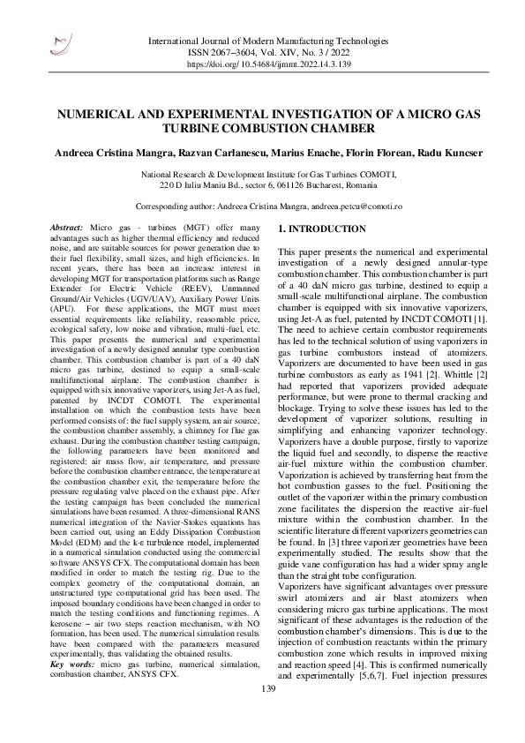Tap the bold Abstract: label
pyautogui.click(x=66, y=228)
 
